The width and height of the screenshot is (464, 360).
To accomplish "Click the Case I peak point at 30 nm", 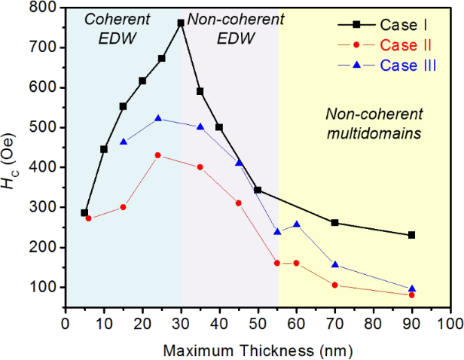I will coord(181,23).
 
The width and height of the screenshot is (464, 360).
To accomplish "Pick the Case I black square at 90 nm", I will coord(412,235).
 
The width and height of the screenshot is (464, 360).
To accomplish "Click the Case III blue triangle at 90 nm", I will coord(412,288).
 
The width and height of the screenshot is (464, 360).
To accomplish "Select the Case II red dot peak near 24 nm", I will coord(157,155).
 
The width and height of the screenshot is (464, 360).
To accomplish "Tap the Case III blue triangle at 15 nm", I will coord(124,142).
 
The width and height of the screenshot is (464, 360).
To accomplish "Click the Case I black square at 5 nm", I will coord(84,212).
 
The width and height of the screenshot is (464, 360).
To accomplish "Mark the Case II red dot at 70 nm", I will coord(335,285).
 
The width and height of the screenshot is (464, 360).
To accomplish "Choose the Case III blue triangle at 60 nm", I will coord(297,224).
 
